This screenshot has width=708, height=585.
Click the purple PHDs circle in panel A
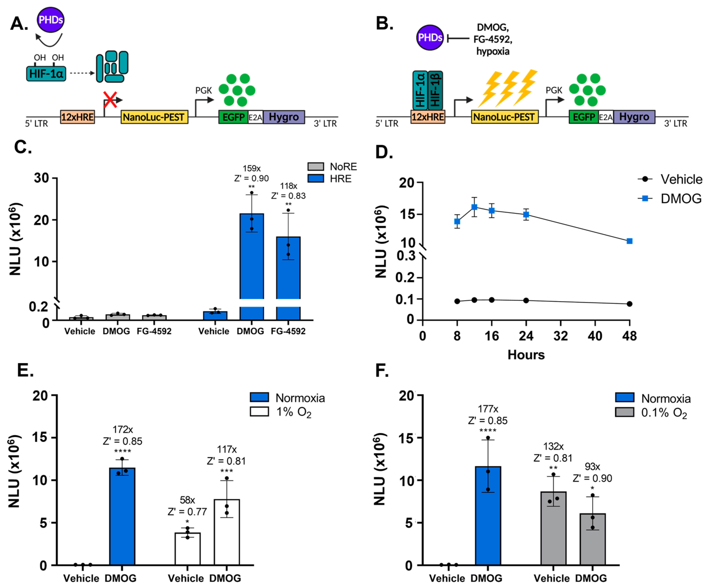[x=51, y=20]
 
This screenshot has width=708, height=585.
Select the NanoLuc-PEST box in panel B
[x=504, y=117]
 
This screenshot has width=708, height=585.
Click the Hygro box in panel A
[x=284, y=117]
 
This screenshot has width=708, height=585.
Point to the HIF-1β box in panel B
[x=435, y=90]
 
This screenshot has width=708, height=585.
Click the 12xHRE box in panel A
[x=78, y=117]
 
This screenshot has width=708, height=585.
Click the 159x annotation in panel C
[x=252, y=168]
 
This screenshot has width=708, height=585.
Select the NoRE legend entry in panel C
[x=332, y=167]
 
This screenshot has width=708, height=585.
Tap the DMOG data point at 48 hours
[x=629, y=241]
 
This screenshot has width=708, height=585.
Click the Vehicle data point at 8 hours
[x=457, y=301]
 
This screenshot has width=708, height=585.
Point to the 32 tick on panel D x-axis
[x=560, y=336]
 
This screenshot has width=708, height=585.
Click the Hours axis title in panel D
[x=526, y=355]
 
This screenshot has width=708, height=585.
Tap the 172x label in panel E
[x=123, y=429]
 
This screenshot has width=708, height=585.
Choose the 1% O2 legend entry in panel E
[x=281, y=412]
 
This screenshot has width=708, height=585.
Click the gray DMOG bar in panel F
[x=592, y=539]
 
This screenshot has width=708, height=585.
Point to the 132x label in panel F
[x=553, y=446]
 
